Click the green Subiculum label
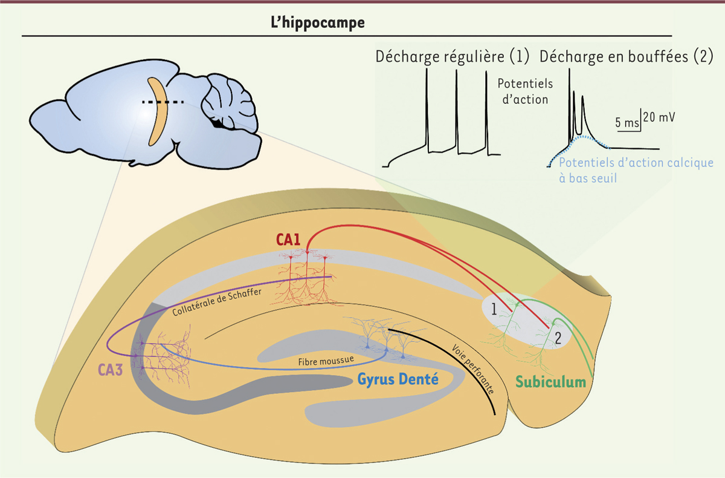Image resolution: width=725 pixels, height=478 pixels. click(x=550, y=382)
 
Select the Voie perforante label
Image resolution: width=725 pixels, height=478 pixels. click(x=474, y=370)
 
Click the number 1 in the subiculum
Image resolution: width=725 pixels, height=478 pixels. click(x=494, y=310)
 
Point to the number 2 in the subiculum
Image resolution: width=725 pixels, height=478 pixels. click(x=558, y=338)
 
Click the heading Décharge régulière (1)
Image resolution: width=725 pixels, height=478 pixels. click(x=453, y=57)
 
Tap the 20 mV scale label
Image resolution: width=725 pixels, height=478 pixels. click(x=659, y=117)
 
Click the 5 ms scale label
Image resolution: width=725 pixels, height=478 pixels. click(x=627, y=123)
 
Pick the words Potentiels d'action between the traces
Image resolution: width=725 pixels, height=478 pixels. click(x=524, y=91)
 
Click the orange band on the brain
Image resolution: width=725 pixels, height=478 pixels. click(x=158, y=112)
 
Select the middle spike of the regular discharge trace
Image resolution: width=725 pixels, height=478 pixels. click(x=456, y=109)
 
